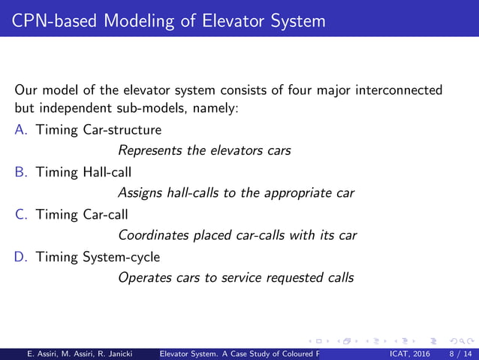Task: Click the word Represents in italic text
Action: tap(151, 151)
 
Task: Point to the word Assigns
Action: tap(140, 193)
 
